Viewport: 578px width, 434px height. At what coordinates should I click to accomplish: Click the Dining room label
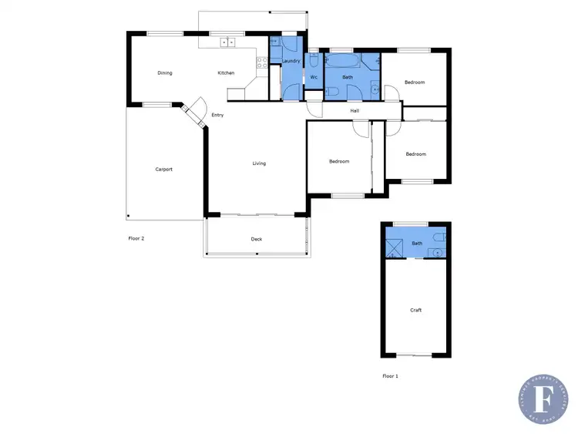point(164,73)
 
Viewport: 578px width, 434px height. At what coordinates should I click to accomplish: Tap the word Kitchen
point(226,73)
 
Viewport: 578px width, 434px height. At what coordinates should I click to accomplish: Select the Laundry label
point(291,60)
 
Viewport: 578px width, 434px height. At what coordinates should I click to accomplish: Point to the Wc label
point(314,77)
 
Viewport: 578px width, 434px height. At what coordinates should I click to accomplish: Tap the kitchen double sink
point(227,42)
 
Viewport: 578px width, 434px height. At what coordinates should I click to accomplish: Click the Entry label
point(217,116)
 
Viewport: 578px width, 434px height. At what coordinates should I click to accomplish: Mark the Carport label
point(163,169)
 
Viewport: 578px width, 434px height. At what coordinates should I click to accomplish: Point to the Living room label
point(259,163)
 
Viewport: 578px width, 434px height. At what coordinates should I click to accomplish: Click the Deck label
point(257,239)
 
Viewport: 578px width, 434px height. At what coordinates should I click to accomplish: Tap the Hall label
point(355,111)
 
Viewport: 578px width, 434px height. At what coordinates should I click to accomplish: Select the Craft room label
point(415,310)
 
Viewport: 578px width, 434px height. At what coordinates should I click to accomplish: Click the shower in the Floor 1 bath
point(395,247)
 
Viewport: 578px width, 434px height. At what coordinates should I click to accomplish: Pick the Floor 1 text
point(390,376)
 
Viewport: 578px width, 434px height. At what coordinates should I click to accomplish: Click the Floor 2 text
point(136,239)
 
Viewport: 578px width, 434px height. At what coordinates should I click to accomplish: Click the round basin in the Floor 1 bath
point(438,251)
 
